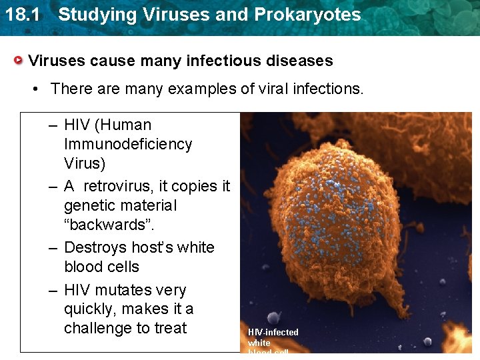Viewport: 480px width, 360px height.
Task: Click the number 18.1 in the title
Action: pos(19,14)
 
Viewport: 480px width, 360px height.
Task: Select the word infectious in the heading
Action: pos(219,61)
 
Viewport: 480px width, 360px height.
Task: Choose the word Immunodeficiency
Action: pos(128,144)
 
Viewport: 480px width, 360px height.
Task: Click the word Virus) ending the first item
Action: pos(85,163)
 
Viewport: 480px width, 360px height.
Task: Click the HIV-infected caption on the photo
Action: pos(273,332)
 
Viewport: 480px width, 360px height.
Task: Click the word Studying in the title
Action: pos(90,14)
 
